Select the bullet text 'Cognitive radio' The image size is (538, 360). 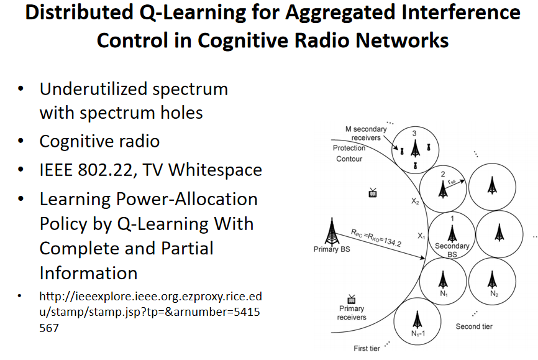(99, 141)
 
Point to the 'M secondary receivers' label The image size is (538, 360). (367, 134)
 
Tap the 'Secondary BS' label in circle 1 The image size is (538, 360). (452, 250)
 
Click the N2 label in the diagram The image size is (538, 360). (493, 293)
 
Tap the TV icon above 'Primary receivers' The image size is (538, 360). (352, 298)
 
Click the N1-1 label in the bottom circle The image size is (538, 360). (417, 334)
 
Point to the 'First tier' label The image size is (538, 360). (367, 349)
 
